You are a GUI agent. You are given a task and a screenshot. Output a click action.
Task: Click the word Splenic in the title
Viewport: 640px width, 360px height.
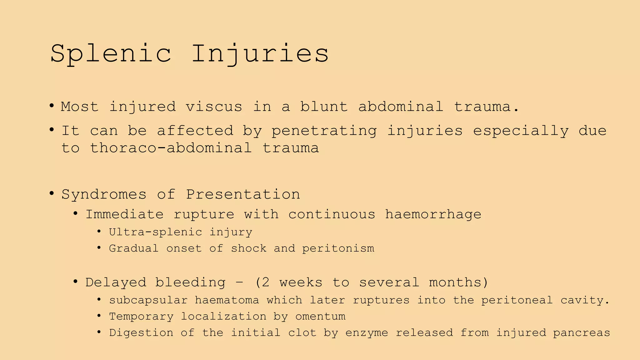[111, 54]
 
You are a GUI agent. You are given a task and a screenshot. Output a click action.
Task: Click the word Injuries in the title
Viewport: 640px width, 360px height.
[260, 54]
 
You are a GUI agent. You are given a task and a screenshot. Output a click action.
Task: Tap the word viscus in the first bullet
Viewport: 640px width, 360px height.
[214, 107]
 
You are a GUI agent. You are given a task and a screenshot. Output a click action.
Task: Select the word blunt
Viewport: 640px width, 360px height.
[324, 107]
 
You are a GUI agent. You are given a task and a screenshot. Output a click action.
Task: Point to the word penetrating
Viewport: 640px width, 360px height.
[324, 131]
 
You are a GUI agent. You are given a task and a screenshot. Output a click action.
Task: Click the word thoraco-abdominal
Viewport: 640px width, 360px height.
[171, 148]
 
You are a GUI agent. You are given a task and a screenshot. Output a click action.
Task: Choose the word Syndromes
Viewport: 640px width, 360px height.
[104, 194]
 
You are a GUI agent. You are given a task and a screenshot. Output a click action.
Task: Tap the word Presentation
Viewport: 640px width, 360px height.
[243, 194]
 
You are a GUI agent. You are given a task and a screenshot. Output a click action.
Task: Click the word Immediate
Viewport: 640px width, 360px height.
[124, 214]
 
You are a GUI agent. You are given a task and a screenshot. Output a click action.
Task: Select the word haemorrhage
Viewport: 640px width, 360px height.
[433, 214]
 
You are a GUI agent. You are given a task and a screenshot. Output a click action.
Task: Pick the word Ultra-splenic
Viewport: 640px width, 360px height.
[156, 232]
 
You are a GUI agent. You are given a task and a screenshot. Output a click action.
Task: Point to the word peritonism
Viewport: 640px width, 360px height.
[338, 248]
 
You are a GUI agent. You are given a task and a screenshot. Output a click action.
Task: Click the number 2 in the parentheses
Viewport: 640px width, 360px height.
[265, 282]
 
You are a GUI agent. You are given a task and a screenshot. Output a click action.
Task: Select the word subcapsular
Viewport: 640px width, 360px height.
[148, 300]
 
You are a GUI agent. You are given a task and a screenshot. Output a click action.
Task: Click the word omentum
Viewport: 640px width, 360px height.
[320, 317]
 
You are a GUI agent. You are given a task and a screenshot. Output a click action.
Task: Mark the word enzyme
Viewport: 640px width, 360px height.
[367, 333]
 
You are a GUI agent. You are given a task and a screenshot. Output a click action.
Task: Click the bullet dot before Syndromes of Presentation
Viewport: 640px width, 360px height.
[52, 193]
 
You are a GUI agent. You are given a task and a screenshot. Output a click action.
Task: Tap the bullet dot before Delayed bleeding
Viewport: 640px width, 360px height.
[75, 282]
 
